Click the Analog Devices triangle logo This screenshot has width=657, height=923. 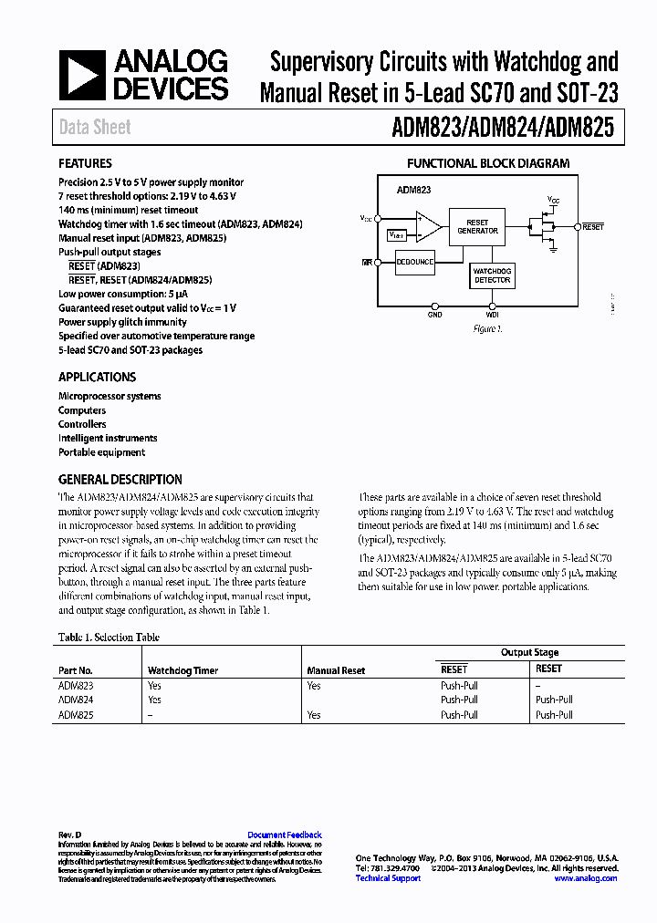tap(83, 76)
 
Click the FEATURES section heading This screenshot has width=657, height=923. tap(85, 163)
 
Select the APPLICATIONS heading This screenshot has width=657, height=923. tap(97, 377)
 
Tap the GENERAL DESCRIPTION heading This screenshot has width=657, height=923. tap(120, 479)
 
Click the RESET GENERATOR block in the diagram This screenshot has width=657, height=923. tap(477, 227)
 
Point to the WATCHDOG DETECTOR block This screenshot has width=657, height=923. tap(493, 275)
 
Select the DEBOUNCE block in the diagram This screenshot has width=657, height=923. tap(415, 263)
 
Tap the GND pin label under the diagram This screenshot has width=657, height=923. tap(435, 315)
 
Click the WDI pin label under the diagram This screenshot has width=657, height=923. tap(493, 315)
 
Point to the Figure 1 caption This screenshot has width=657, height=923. tap(487, 329)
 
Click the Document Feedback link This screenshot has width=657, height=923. tap(285, 835)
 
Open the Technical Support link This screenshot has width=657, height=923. tap(388, 878)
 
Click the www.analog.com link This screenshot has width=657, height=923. tap(585, 878)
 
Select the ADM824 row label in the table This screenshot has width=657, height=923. tap(76, 700)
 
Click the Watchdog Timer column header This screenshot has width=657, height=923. tap(182, 670)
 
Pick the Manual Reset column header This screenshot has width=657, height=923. tap(336, 670)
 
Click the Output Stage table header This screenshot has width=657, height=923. tap(529, 652)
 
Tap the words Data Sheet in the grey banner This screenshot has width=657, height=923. tap(95, 128)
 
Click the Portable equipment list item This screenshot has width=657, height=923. tap(101, 452)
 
